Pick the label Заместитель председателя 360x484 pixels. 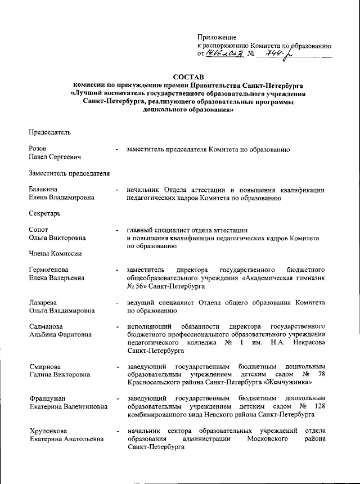pyautogui.click(x=69, y=173)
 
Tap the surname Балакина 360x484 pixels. pyautogui.click(x=43, y=189)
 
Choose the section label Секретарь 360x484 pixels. pyautogui.click(x=44, y=213)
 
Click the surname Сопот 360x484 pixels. pyautogui.click(x=39, y=230)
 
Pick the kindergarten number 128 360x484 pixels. pyautogui.click(x=319, y=407)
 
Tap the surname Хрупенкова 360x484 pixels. pyautogui.click(x=49, y=432)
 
